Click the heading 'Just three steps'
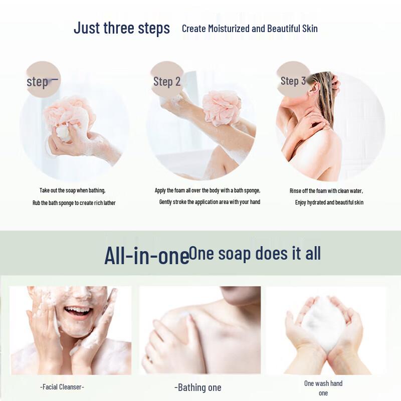(x=122, y=28)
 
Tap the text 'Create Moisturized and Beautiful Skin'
(x=250, y=29)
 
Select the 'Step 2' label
(x=166, y=82)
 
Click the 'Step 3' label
(x=293, y=81)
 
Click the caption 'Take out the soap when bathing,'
(x=73, y=190)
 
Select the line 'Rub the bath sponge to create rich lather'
(x=74, y=203)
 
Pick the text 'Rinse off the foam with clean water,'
(x=326, y=191)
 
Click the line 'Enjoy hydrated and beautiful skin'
(x=329, y=203)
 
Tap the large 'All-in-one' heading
(x=146, y=255)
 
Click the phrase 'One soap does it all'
(x=255, y=253)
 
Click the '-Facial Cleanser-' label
(x=62, y=387)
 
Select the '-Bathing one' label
(x=197, y=387)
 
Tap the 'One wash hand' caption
(x=323, y=383)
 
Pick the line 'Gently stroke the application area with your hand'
(x=210, y=202)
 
